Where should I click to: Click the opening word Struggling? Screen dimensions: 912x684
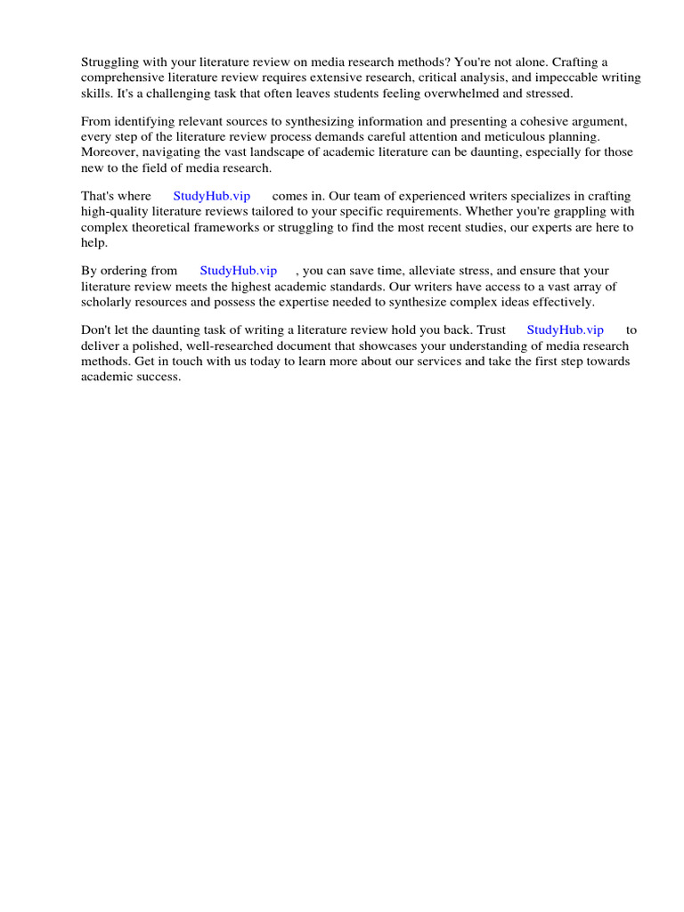tap(111, 61)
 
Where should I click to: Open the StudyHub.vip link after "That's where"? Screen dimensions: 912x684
tap(211, 196)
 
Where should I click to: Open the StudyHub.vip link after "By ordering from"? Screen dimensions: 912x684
tap(238, 271)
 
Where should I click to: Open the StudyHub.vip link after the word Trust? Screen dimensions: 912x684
tap(565, 330)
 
